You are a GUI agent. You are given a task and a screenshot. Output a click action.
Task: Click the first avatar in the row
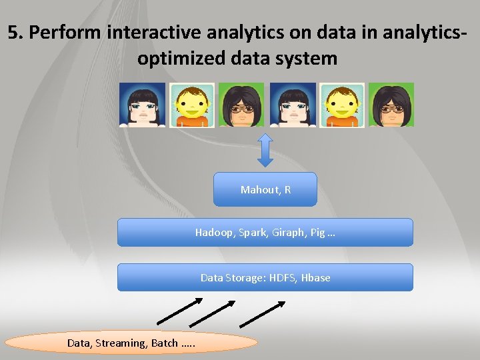pyautogui.click(x=142, y=105)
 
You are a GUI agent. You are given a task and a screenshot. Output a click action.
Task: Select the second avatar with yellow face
pyautogui.click(x=192, y=105)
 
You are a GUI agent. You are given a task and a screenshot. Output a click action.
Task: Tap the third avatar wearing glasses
pyautogui.click(x=241, y=105)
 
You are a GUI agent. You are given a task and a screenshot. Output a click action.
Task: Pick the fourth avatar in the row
pyautogui.click(x=292, y=105)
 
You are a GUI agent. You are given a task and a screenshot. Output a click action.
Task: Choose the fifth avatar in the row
pyautogui.click(x=342, y=105)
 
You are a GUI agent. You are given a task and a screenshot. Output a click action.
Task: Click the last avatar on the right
pyautogui.click(x=391, y=105)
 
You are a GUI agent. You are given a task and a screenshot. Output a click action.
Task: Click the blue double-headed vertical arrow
pyautogui.click(x=265, y=150)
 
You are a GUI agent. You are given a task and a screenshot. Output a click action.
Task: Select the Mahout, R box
pyautogui.click(x=265, y=190)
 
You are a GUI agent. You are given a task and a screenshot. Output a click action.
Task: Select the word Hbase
pyautogui.click(x=315, y=277)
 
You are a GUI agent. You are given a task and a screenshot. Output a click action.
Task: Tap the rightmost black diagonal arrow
pyautogui.click(x=262, y=314)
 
